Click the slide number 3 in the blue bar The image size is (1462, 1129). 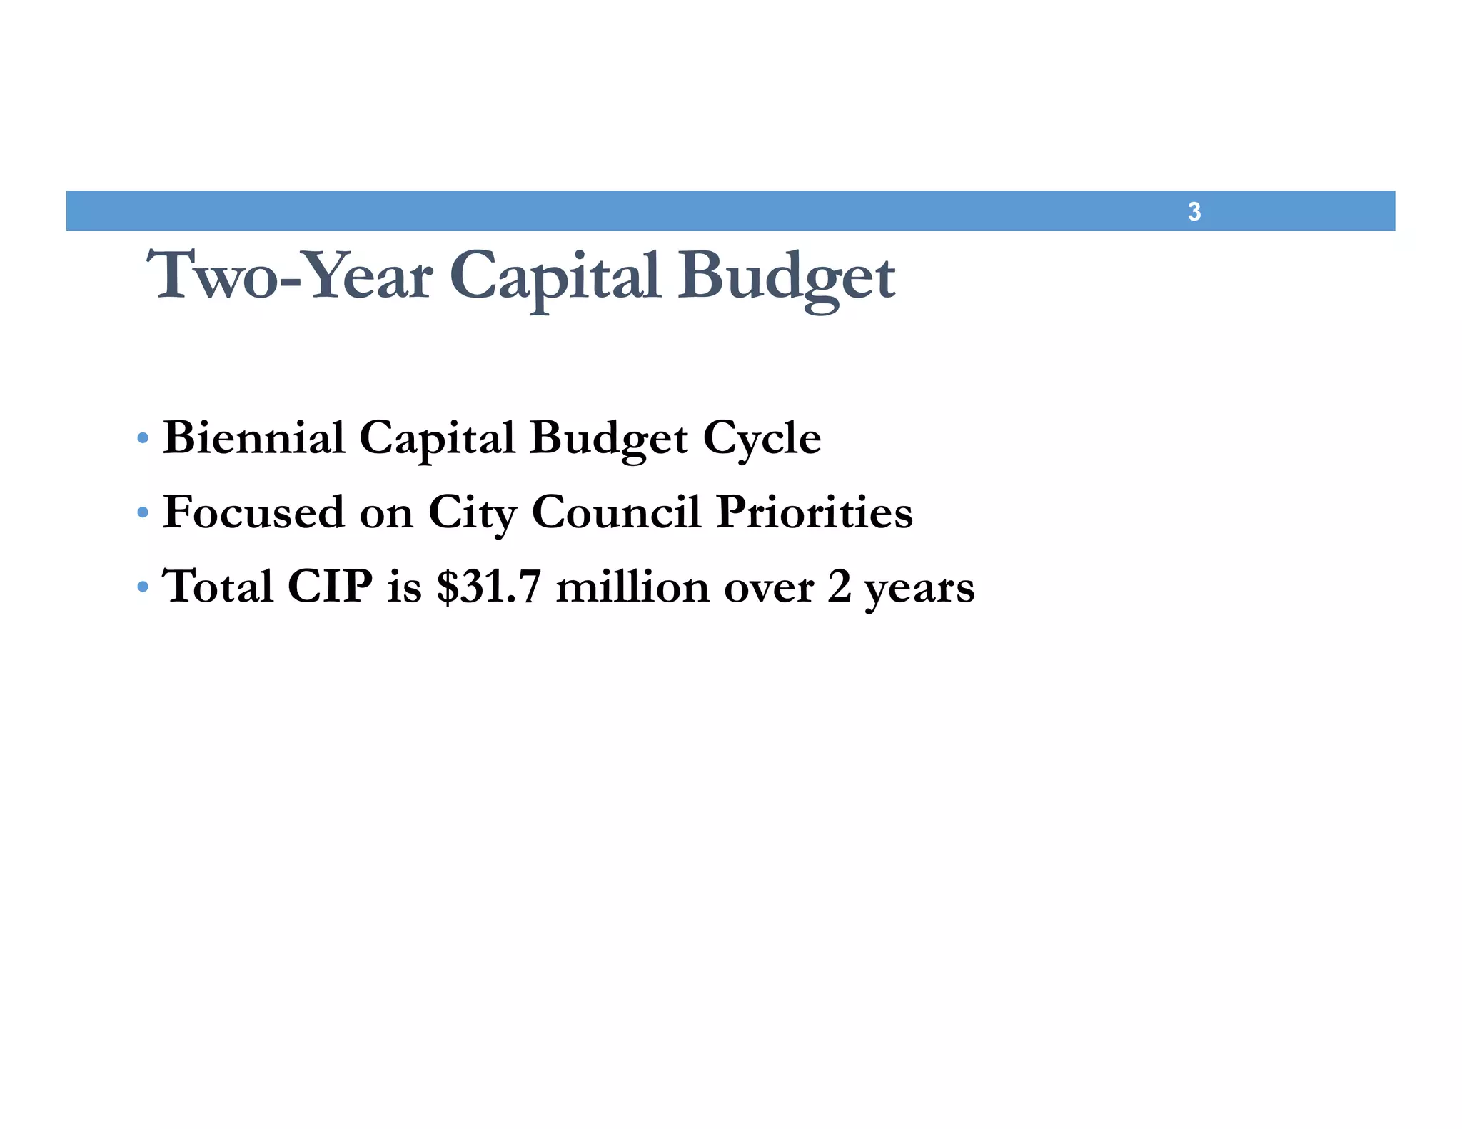tap(1194, 212)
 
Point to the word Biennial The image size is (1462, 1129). tap(254, 437)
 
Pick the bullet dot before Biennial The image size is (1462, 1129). tap(143, 437)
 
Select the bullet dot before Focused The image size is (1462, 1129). tap(143, 512)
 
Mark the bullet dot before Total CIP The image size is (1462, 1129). tap(143, 587)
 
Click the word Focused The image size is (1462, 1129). tap(253, 512)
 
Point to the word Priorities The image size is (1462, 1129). tap(814, 512)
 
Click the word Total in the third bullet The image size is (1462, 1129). tap(218, 587)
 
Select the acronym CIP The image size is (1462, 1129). tap(330, 587)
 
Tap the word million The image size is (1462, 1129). tap(632, 587)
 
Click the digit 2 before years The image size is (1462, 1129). tap(840, 587)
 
